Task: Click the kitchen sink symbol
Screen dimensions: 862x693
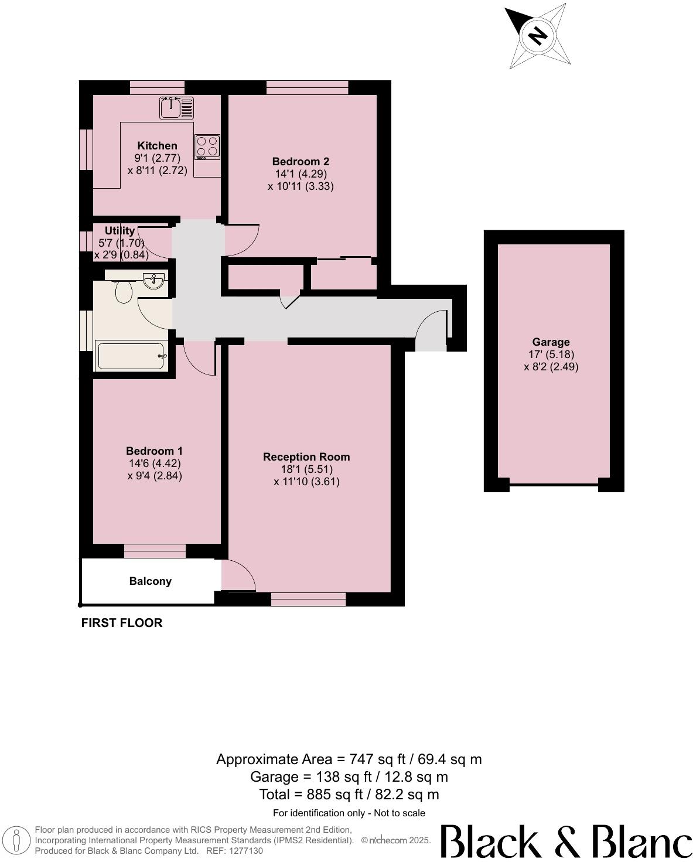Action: [176, 107]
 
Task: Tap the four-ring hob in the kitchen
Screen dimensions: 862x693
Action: [207, 147]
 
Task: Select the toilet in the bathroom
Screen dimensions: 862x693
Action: [122, 289]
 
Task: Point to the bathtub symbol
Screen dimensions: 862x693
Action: [132, 356]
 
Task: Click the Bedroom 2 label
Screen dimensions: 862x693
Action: [301, 161]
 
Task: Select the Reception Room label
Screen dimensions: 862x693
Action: [306, 456]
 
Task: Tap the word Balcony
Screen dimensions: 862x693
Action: [151, 581]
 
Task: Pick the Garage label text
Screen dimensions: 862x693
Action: [551, 342]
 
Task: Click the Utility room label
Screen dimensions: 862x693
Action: [120, 231]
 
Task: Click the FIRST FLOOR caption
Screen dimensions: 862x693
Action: [122, 623]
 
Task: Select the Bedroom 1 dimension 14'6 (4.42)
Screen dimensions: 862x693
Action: [155, 464]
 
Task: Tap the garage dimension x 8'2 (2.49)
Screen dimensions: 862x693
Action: [551, 367]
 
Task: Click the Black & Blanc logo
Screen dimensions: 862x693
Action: [566, 841]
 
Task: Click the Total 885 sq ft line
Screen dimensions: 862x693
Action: [349, 795]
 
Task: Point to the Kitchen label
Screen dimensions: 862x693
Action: [157, 146]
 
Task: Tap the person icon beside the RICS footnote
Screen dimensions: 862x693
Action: [18, 840]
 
